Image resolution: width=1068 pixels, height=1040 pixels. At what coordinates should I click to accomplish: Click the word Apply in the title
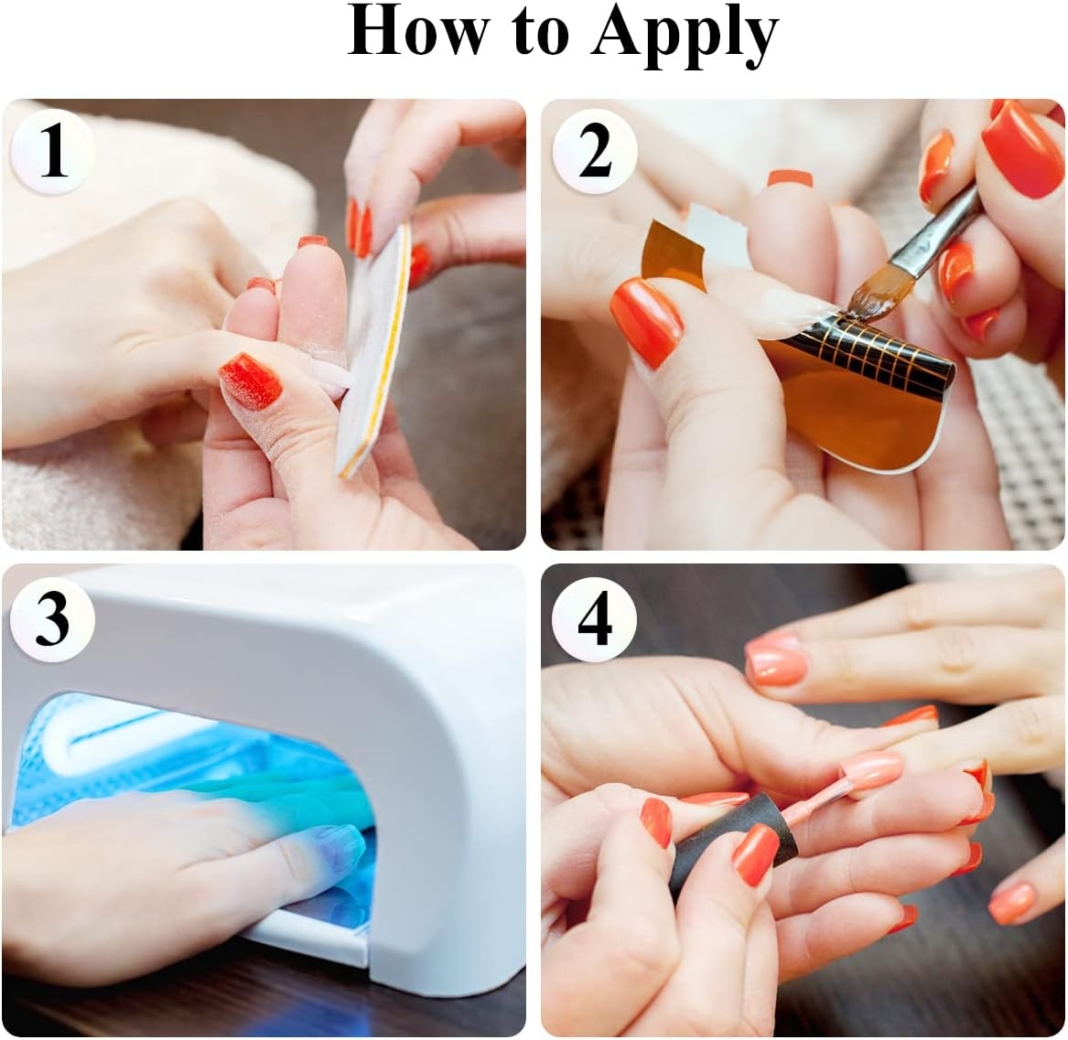[685, 34]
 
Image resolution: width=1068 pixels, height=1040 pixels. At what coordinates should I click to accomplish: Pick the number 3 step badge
[52, 617]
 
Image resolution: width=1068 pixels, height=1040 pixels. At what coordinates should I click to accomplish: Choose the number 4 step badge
[595, 618]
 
